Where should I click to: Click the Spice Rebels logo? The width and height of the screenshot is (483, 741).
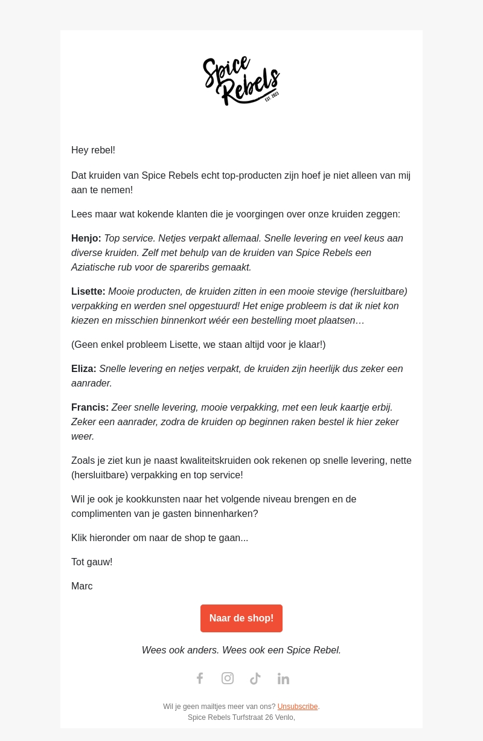pyautogui.click(x=241, y=80)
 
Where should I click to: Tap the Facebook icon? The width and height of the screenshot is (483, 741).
pyautogui.click(x=200, y=678)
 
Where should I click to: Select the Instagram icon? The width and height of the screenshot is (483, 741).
pyautogui.click(x=228, y=678)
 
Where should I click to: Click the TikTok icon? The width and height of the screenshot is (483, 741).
pyautogui.click(x=255, y=678)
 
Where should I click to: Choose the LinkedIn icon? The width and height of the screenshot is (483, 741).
pyautogui.click(x=283, y=678)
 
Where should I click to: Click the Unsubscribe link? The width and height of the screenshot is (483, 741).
pyautogui.click(x=298, y=707)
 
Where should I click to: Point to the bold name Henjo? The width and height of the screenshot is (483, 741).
pyautogui.click(x=86, y=239)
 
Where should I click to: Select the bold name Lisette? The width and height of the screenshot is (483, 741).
pyautogui.click(x=88, y=292)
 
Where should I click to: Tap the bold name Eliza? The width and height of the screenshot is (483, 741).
pyautogui.click(x=84, y=369)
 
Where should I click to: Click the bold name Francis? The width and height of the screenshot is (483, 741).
pyautogui.click(x=90, y=408)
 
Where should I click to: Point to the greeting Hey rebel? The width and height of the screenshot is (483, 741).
pyautogui.click(x=93, y=150)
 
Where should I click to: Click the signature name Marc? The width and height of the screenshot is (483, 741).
pyautogui.click(x=82, y=586)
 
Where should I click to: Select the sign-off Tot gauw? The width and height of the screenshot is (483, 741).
pyautogui.click(x=92, y=562)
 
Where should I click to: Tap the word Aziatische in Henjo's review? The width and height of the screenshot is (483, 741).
pyautogui.click(x=94, y=268)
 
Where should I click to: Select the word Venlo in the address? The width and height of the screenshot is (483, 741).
pyautogui.click(x=284, y=717)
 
